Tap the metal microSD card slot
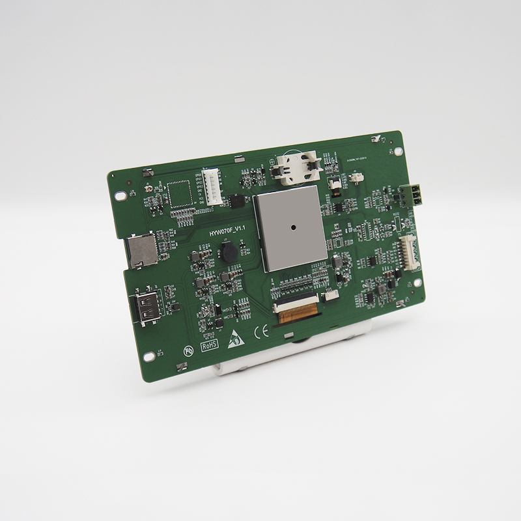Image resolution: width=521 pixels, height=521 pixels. (139, 251)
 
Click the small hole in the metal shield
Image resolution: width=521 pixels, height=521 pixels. (294, 227)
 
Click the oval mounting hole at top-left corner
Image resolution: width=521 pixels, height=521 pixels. (120, 195)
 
